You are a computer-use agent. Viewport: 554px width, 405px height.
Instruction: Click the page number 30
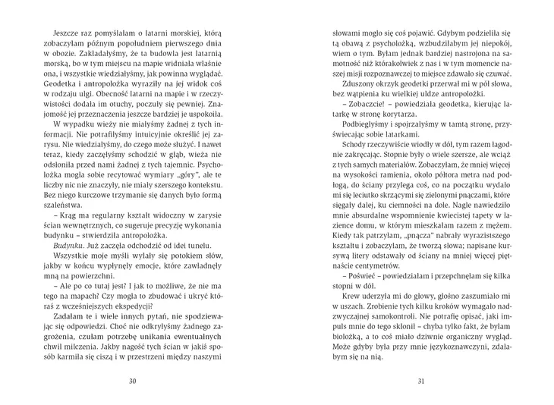click(132, 381)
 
